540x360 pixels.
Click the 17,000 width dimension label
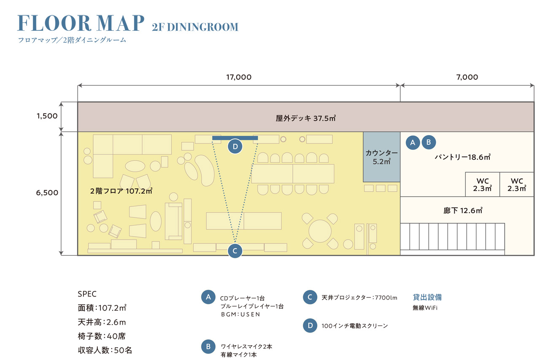[239, 77]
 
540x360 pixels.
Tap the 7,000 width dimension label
[467, 77]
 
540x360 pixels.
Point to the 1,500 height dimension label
[47, 116]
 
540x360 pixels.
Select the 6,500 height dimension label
[47, 192]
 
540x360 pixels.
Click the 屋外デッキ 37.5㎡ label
[306, 118]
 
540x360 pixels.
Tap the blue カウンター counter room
[382, 157]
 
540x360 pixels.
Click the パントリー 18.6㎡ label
[462, 157]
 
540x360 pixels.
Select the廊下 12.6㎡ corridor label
[463, 211]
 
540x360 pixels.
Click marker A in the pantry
[413, 143]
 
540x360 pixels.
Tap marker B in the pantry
[429, 142]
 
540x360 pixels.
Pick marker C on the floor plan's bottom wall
[235, 251]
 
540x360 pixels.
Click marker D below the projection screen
[235, 146]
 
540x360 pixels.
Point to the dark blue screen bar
[235, 138]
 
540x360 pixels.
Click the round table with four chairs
[320, 231]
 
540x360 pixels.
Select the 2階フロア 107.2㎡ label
[121, 191]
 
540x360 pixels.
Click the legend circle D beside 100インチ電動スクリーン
[310, 325]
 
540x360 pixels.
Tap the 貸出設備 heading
[427, 297]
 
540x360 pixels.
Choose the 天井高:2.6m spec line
[102, 322]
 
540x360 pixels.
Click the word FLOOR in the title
[54, 23]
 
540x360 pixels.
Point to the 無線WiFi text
[425, 308]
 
